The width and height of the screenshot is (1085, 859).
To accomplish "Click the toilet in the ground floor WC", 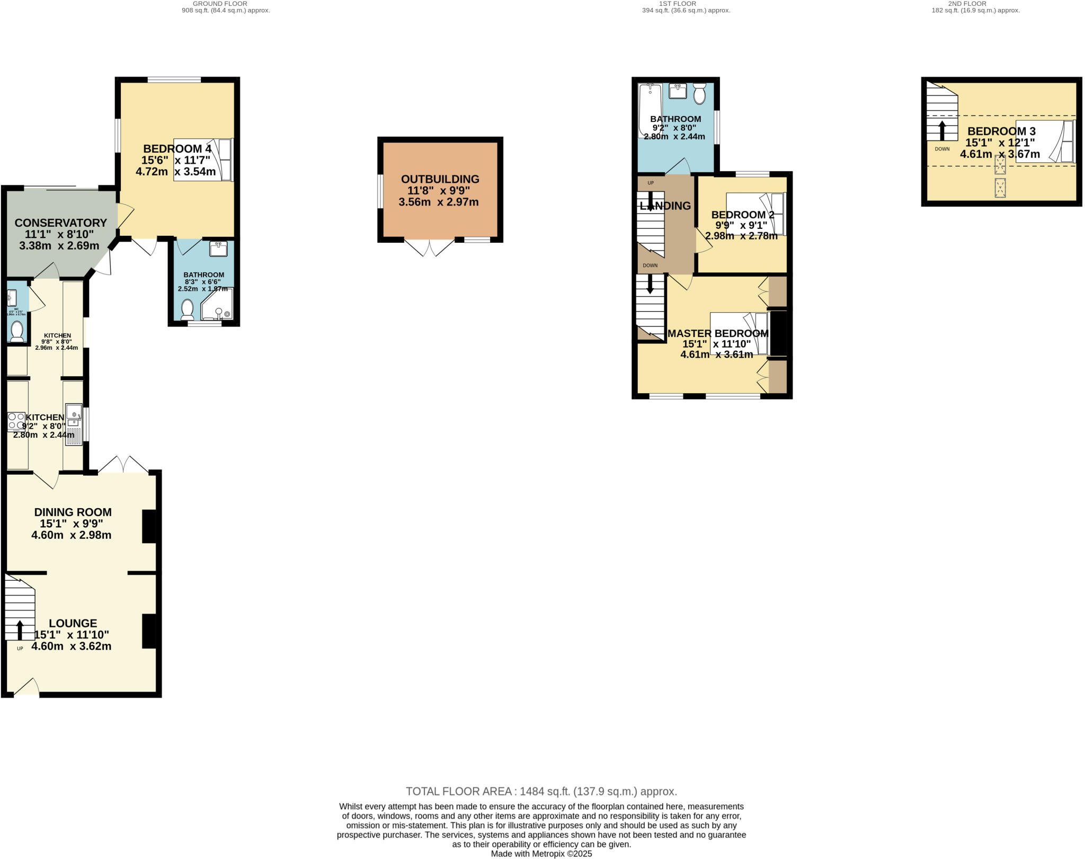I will (17, 331).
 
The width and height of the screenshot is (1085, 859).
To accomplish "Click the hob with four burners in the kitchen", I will (16, 421).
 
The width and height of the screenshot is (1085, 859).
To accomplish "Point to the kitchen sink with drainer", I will (74, 424).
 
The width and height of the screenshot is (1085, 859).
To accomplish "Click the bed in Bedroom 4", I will (203, 160).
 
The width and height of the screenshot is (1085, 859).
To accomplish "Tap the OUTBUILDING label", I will (440, 179).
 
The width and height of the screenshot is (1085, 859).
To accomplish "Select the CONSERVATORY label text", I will (60, 223).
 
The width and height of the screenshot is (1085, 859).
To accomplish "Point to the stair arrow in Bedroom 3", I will (942, 130).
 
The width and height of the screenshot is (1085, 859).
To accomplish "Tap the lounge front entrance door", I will (26, 687).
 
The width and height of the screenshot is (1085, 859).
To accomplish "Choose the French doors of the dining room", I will (123, 464).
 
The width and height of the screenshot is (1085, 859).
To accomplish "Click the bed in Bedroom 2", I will (755, 214).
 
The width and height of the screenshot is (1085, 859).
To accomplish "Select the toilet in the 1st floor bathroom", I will (699, 94).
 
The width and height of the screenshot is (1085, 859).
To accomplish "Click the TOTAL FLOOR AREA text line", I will (541, 791).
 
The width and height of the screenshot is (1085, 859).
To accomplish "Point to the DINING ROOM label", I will (73, 512).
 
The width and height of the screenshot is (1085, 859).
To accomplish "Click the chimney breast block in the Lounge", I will (149, 631).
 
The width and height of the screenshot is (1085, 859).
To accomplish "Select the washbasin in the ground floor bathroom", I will (218, 249).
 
